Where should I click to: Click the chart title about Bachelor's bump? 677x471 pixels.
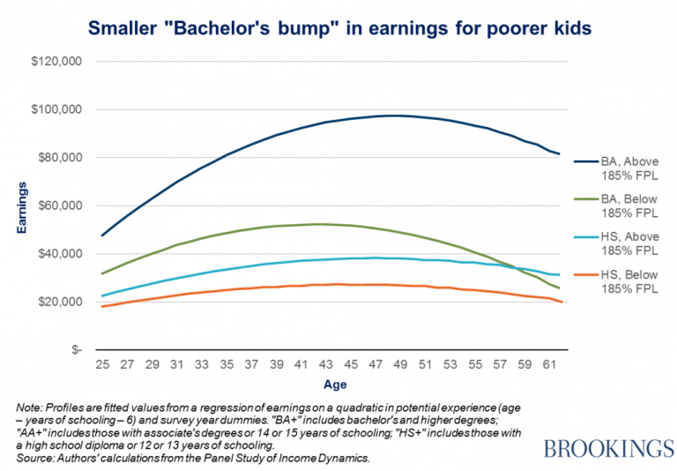[339, 30]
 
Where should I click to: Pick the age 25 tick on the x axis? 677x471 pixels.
[104, 363]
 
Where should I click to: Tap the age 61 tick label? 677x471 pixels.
[547, 363]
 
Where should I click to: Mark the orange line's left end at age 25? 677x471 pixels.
[104, 306]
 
